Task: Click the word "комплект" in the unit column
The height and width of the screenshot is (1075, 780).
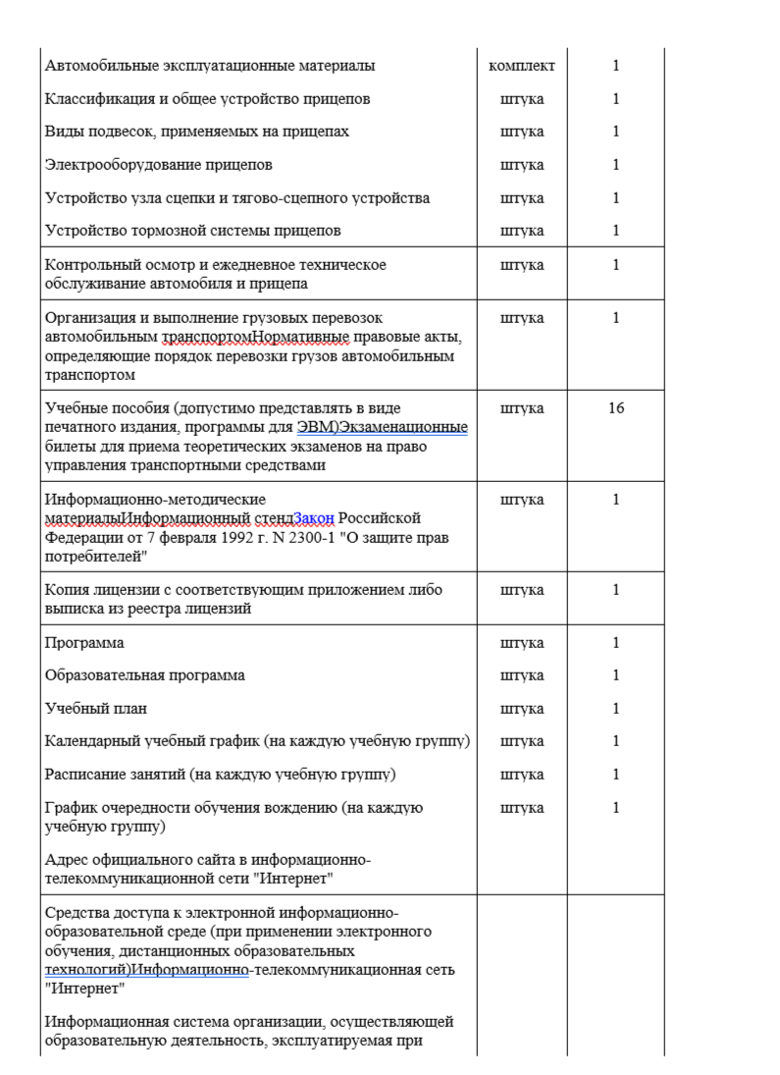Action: pos(521,66)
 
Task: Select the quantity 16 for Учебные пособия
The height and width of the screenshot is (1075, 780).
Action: pos(616,407)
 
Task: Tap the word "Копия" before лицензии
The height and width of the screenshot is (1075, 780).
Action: pos(68,590)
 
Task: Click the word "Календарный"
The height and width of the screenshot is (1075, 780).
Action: pos(91,741)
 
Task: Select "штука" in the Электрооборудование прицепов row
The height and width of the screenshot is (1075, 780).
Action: pos(521,165)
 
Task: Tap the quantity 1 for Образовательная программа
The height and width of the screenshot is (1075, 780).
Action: pos(616,675)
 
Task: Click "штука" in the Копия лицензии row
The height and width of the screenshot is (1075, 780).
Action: pos(521,590)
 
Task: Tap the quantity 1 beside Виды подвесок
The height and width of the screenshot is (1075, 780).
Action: pos(616,132)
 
